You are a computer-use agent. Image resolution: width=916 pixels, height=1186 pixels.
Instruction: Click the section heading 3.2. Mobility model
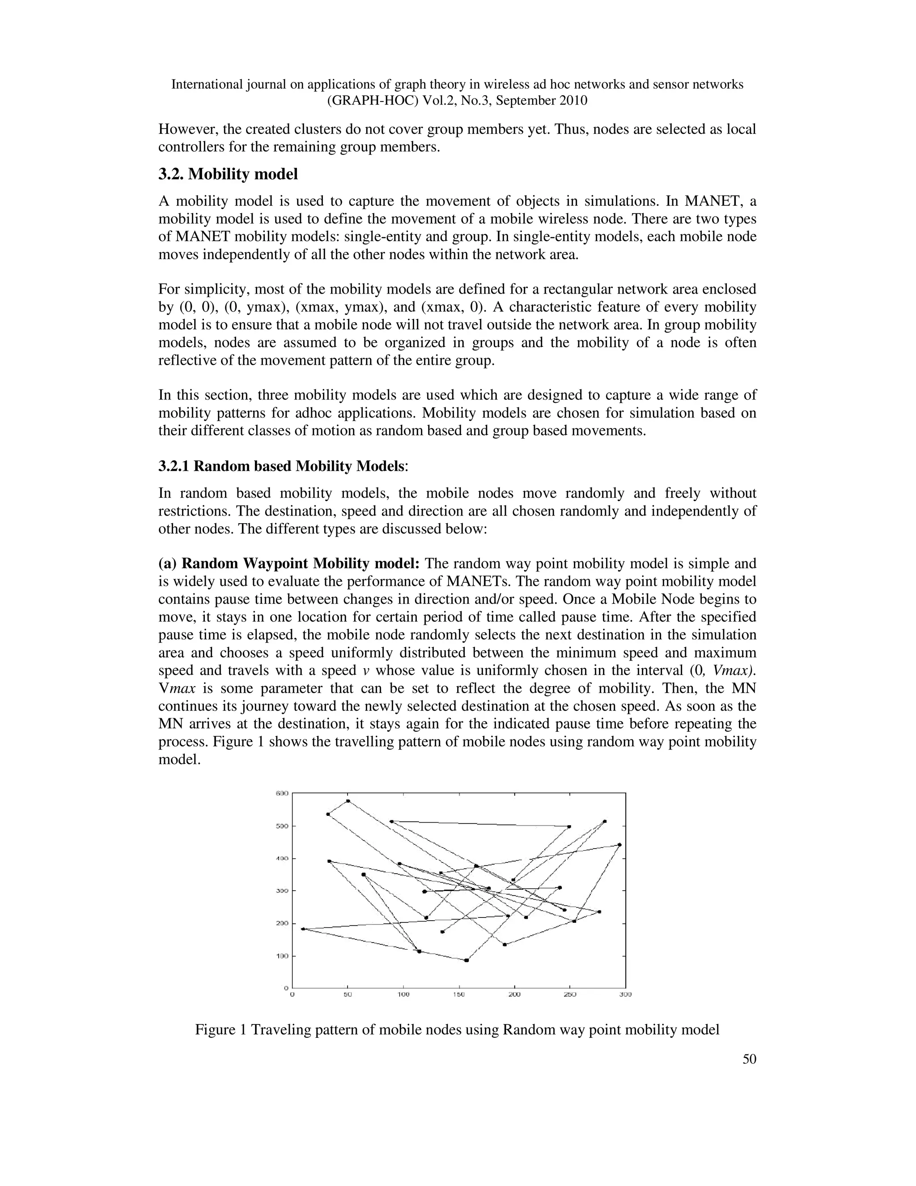228,174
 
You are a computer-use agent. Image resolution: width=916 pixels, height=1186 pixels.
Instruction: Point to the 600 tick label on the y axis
282,794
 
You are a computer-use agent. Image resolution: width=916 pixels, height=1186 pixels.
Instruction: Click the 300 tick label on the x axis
625,995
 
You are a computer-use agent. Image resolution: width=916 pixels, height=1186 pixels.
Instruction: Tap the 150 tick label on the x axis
459,995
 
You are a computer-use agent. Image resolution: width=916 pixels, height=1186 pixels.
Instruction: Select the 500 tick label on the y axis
282,826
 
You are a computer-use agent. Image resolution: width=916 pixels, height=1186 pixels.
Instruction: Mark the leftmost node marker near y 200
303,929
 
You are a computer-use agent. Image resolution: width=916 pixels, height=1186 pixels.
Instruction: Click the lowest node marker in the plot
466,960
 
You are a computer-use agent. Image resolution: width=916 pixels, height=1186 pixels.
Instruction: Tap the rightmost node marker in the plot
619,845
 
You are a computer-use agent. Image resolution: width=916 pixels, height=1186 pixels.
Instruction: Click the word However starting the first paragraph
185,130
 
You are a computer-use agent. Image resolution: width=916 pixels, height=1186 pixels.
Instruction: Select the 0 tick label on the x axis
293,995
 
